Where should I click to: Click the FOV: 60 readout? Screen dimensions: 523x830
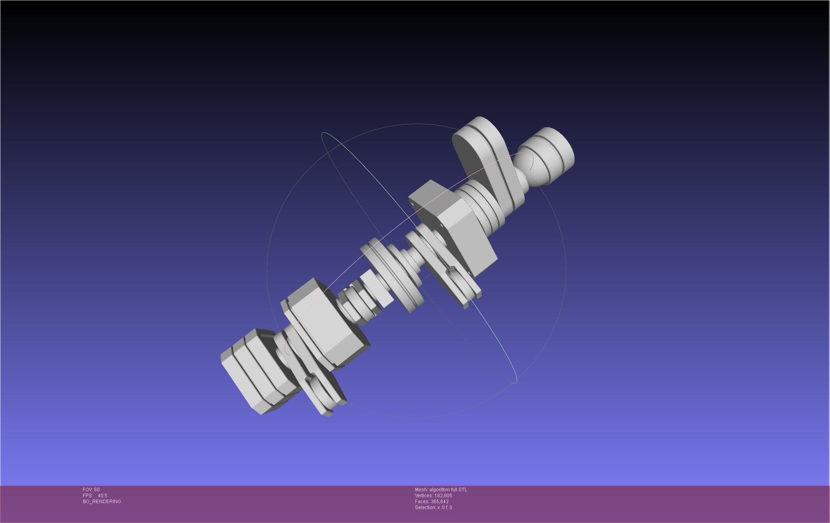[x=91, y=490]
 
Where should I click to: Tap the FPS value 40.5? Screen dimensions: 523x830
[x=102, y=496]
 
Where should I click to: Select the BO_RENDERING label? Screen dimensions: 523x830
[x=102, y=502]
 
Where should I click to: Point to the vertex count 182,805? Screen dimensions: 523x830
[x=443, y=496]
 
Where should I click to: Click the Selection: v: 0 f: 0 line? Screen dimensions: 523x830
[x=433, y=508]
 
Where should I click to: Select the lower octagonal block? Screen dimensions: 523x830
[x=325, y=323]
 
